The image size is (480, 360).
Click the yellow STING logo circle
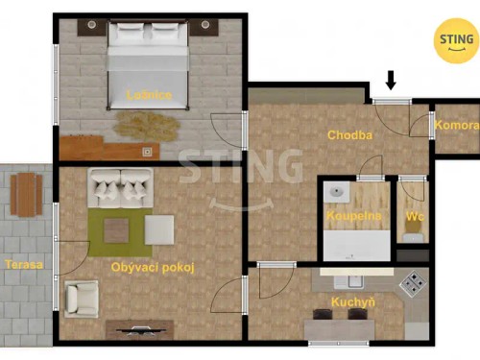(x=455, y=39)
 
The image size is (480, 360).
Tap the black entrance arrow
(x=391, y=80)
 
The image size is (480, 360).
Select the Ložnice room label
(x=149, y=95)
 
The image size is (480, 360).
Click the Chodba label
(x=348, y=135)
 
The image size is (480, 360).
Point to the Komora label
(x=456, y=126)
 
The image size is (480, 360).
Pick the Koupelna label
(x=353, y=216)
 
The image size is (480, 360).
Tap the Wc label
(x=414, y=216)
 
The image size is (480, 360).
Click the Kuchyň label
(x=341, y=303)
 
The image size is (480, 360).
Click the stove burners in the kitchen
(x=413, y=283)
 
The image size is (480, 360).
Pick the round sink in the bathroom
(x=337, y=193)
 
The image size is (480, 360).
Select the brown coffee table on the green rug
(x=117, y=230)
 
